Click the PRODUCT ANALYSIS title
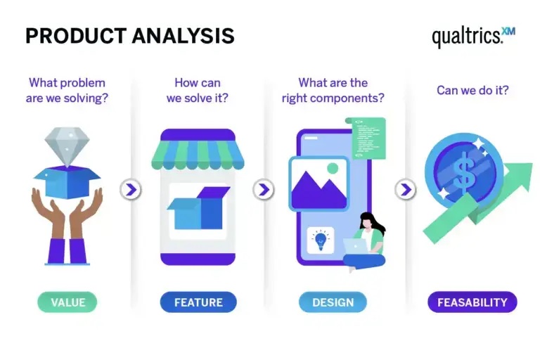(x=130, y=37)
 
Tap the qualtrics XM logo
(x=473, y=37)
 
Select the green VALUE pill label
(x=67, y=302)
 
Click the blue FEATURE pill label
(x=198, y=302)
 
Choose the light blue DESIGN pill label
(x=332, y=302)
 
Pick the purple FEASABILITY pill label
(x=472, y=302)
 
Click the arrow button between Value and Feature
(x=131, y=189)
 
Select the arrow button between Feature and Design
(x=263, y=189)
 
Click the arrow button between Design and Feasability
(x=405, y=189)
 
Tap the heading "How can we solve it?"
(x=198, y=90)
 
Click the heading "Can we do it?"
(x=472, y=90)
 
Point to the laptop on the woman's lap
(x=355, y=245)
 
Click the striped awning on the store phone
(x=198, y=155)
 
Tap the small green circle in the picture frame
(x=333, y=169)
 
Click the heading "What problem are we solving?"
(x=67, y=90)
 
